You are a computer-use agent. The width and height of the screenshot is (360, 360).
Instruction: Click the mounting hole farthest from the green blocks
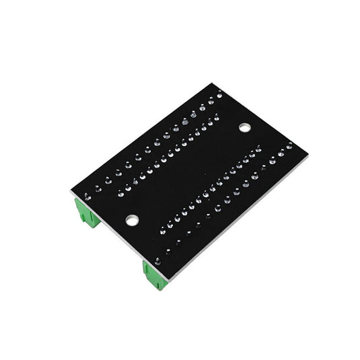pos(244,127)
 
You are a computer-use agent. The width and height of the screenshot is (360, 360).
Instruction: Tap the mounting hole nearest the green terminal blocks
pos(132,219)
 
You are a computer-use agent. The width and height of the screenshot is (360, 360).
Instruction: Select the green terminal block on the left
pos(87,211)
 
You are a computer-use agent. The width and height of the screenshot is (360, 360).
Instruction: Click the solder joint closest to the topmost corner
pos(219,97)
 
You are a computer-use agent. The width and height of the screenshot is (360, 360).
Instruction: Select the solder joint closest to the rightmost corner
pos(289,145)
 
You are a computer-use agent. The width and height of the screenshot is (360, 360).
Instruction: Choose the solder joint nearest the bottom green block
pos(157,260)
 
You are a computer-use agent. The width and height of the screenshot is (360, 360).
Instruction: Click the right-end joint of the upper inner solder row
pos(216,117)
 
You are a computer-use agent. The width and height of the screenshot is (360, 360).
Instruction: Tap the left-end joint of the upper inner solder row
pos(121,193)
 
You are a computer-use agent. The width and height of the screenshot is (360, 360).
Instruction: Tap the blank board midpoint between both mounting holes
pos(188,173)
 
